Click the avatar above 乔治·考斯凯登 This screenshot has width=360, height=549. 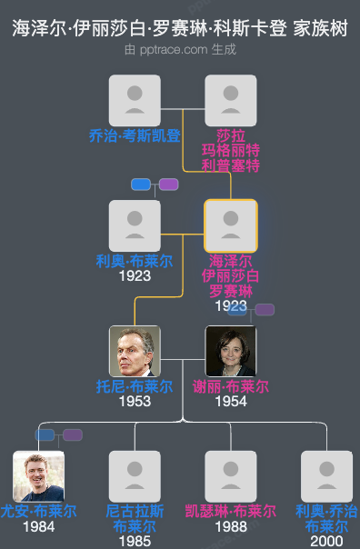tap(135, 100)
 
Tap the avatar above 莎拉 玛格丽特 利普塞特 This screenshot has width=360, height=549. tap(231, 100)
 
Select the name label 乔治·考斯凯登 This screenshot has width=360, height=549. tap(135, 136)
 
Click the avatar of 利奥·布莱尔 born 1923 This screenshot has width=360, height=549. tap(135, 225)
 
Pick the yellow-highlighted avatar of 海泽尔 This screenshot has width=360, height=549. tap(231, 225)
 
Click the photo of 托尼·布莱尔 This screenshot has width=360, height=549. tap(135, 351)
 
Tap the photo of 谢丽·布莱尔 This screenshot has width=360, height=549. tap(231, 351)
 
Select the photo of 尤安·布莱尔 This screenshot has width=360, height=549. tap(38, 476)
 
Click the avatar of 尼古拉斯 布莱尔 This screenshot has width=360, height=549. tap(135, 476)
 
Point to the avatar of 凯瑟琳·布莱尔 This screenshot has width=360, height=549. tap(231, 476)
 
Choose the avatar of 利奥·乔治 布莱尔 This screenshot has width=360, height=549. tap(327, 476)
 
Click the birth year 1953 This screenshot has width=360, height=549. tap(135, 401)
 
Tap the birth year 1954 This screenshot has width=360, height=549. tap(231, 401)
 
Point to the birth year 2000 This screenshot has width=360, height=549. tap(327, 541)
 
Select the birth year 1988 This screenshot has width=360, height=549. tap(231, 526)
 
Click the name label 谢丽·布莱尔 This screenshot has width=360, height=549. tap(231, 386)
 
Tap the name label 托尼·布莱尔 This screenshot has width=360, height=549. tap(135, 386)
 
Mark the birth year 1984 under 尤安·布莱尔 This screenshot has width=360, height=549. tap(38, 526)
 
